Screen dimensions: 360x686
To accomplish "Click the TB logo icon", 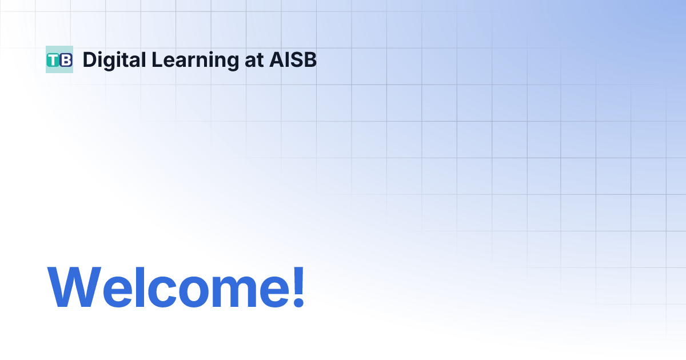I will pos(59,59).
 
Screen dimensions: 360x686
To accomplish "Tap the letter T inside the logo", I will pos(54,60).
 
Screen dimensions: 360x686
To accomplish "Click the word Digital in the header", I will pos(113,59).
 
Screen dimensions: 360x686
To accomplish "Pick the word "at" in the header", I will pos(254,60).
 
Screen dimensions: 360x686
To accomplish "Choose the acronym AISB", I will pos(293,59).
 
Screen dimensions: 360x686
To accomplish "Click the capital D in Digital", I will pos(89,59).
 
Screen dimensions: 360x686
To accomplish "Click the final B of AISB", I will pos(310,59).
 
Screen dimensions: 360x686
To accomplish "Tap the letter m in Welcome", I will pos(229,291).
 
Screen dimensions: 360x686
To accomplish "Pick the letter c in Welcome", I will pos(155,291).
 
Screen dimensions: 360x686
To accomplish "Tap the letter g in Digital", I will pos(112,62).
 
